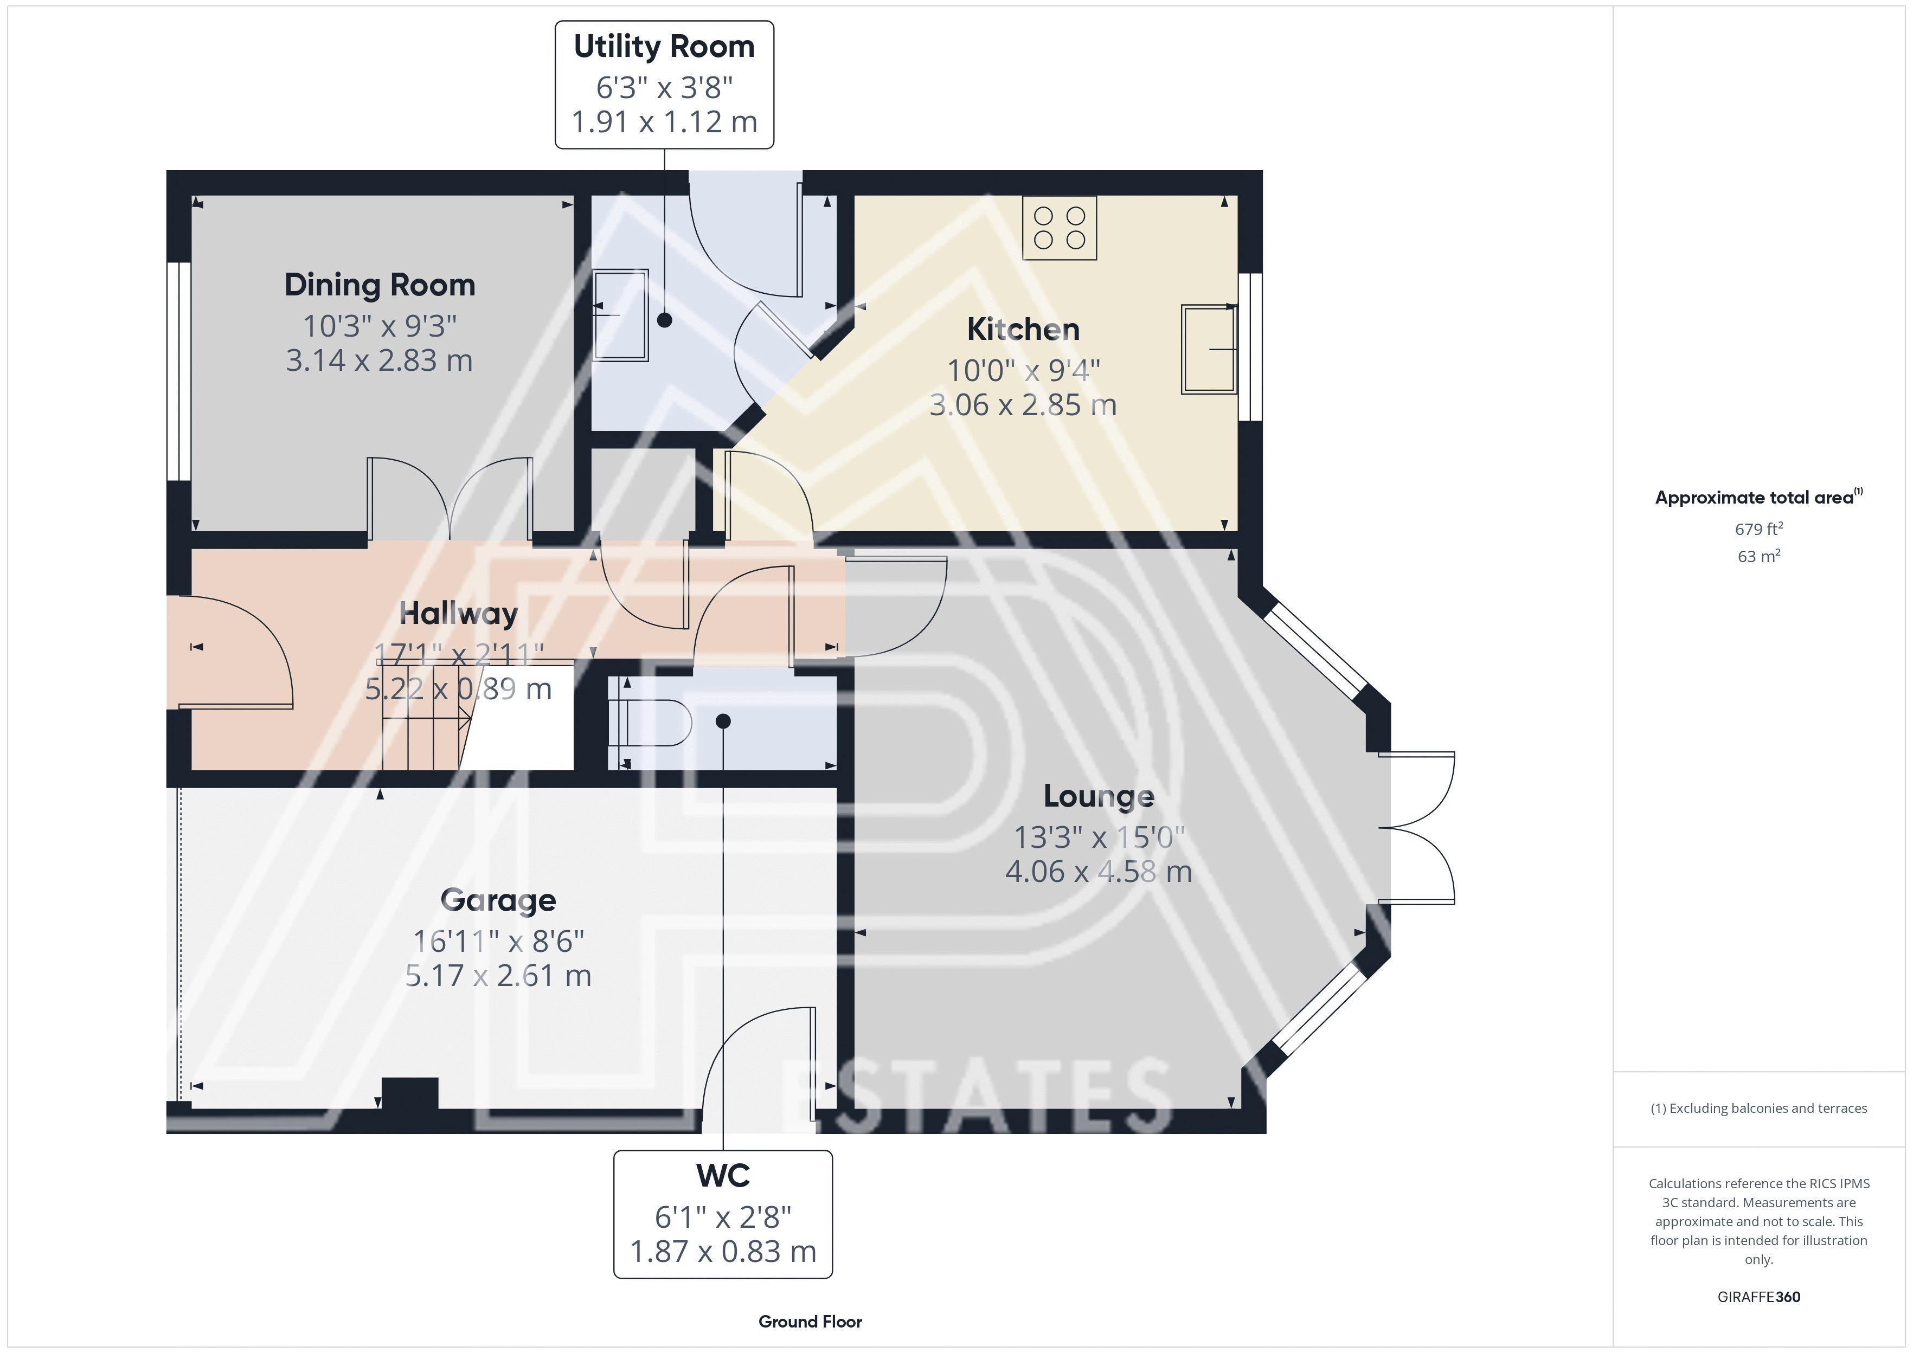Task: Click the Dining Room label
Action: (380, 285)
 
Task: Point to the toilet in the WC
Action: (650, 721)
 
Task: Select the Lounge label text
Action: (1099, 796)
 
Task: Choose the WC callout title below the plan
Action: (723, 1176)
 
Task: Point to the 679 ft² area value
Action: (1759, 529)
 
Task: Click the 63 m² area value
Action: (1759, 556)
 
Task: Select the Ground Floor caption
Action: (810, 1322)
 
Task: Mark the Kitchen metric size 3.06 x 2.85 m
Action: (1023, 405)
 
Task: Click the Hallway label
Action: (458, 614)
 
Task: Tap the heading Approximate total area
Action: (1759, 498)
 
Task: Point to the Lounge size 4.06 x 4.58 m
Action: (1099, 872)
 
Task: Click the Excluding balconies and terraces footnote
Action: (1759, 1108)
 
